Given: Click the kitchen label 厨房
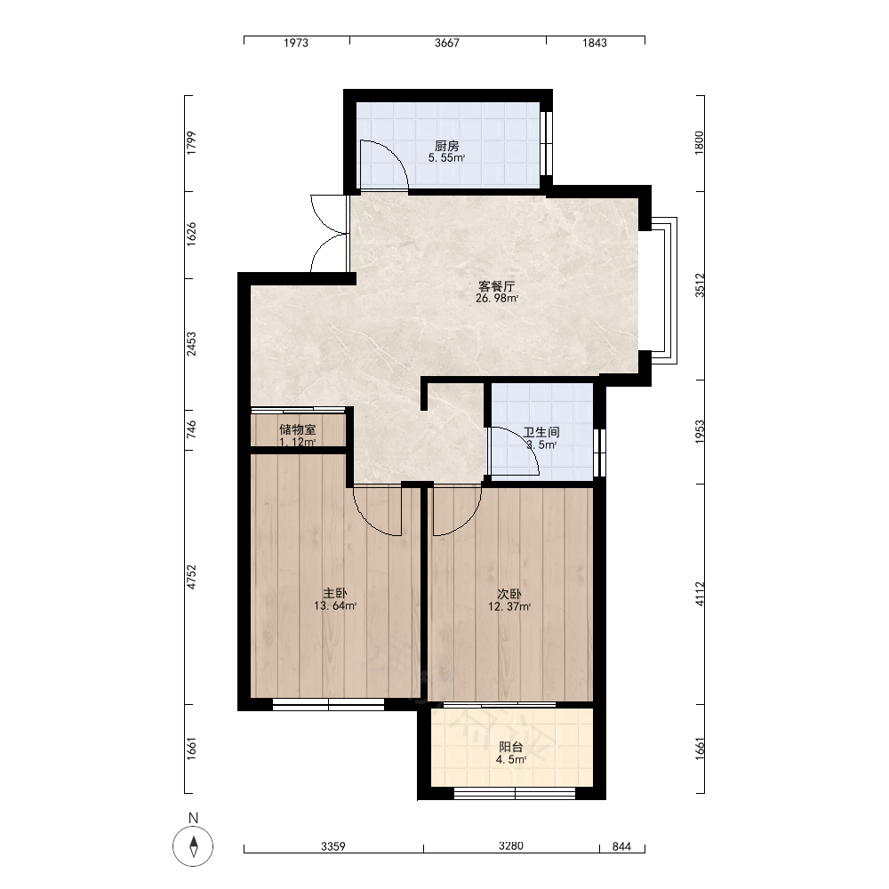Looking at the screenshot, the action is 447,146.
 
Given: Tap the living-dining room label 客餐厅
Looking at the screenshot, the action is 497,285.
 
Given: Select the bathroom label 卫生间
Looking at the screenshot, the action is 541,432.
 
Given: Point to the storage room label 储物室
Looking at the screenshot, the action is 298,429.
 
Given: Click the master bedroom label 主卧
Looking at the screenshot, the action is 335,593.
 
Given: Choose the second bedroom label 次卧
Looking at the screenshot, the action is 509,594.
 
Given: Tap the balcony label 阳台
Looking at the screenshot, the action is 511,748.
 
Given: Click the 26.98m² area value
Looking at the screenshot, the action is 497,298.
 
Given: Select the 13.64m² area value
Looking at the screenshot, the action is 335,605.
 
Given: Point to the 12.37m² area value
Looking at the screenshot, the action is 509,606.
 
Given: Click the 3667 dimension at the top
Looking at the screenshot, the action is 447,43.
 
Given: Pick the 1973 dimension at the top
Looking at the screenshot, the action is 296,43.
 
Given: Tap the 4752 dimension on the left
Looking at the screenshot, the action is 192,577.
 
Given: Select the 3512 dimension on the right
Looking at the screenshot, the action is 700,285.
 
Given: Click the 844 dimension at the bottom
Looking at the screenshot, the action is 622,846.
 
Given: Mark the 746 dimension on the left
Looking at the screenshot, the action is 192,429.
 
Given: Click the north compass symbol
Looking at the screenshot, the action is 193,846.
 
